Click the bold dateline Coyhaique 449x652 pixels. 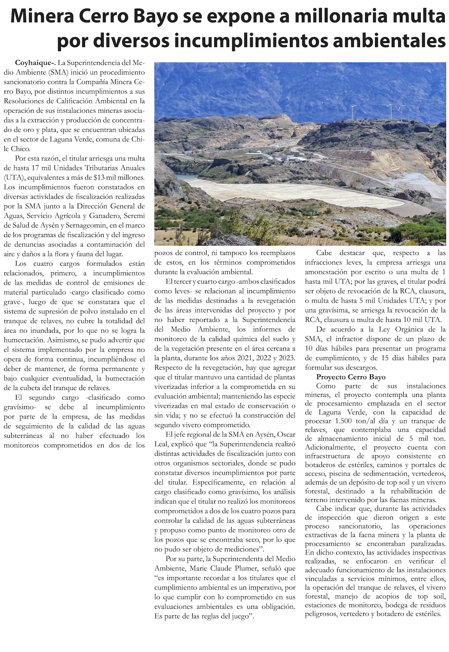tap(32, 62)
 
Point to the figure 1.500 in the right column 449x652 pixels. tap(346, 421)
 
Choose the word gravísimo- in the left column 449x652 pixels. tap(20, 407)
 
